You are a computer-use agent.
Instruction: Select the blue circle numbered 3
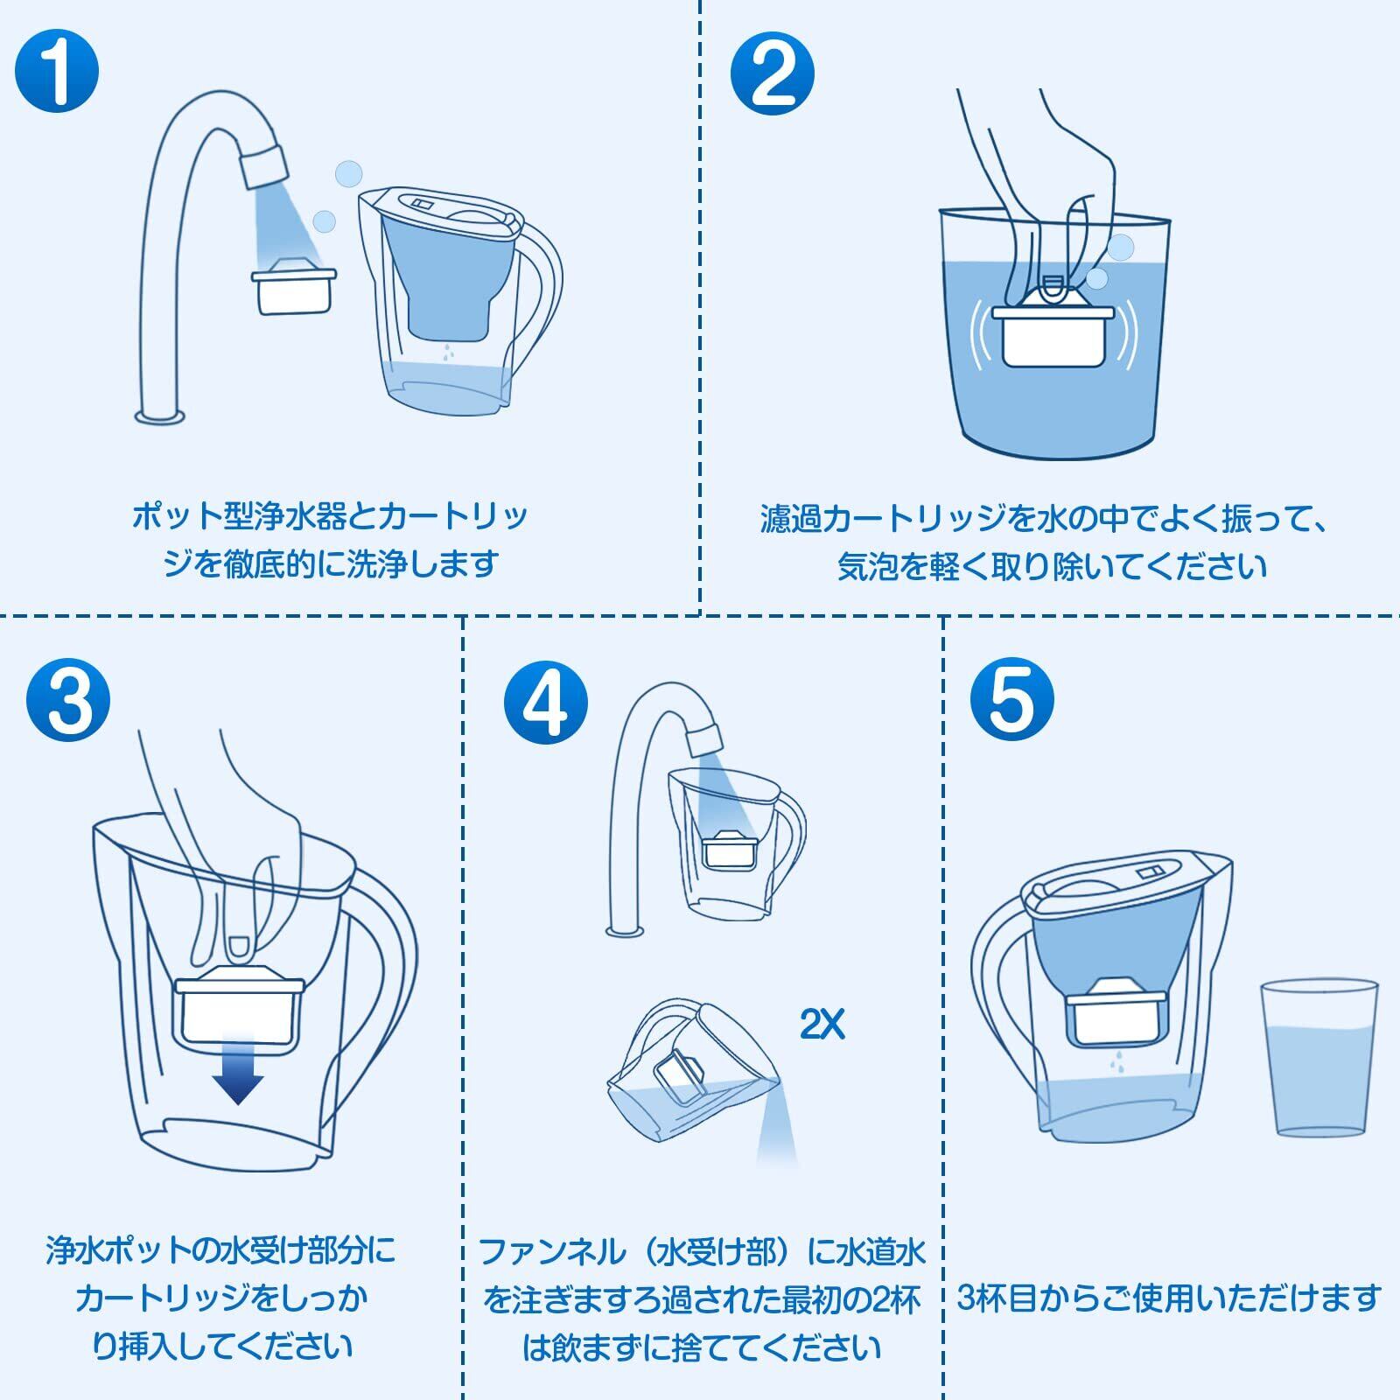(x=69, y=701)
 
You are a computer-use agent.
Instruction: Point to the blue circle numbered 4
(x=547, y=701)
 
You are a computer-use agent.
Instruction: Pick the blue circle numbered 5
(x=1012, y=699)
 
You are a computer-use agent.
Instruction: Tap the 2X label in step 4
(x=822, y=1024)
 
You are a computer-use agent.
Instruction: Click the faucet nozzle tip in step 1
(x=265, y=165)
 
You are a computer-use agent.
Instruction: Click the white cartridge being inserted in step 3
(x=239, y=1006)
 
